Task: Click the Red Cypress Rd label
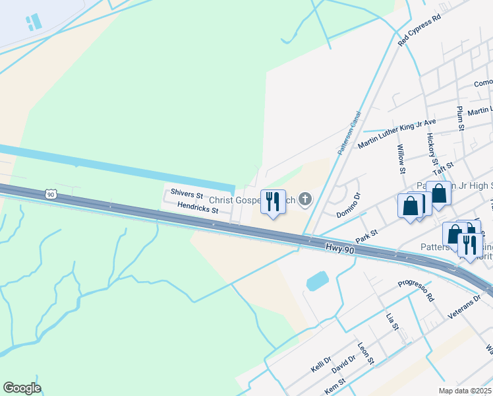click(x=419, y=31)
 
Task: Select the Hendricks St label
click(x=197, y=207)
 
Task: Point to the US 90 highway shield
click(x=51, y=194)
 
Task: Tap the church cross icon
click(x=305, y=199)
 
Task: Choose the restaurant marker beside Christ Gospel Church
click(x=273, y=202)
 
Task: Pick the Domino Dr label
click(x=349, y=205)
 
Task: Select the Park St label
click(x=366, y=234)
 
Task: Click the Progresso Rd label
click(x=417, y=291)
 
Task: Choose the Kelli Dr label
click(x=322, y=364)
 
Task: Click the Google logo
click(x=22, y=388)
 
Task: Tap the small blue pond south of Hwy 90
click(x=317, y=281)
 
